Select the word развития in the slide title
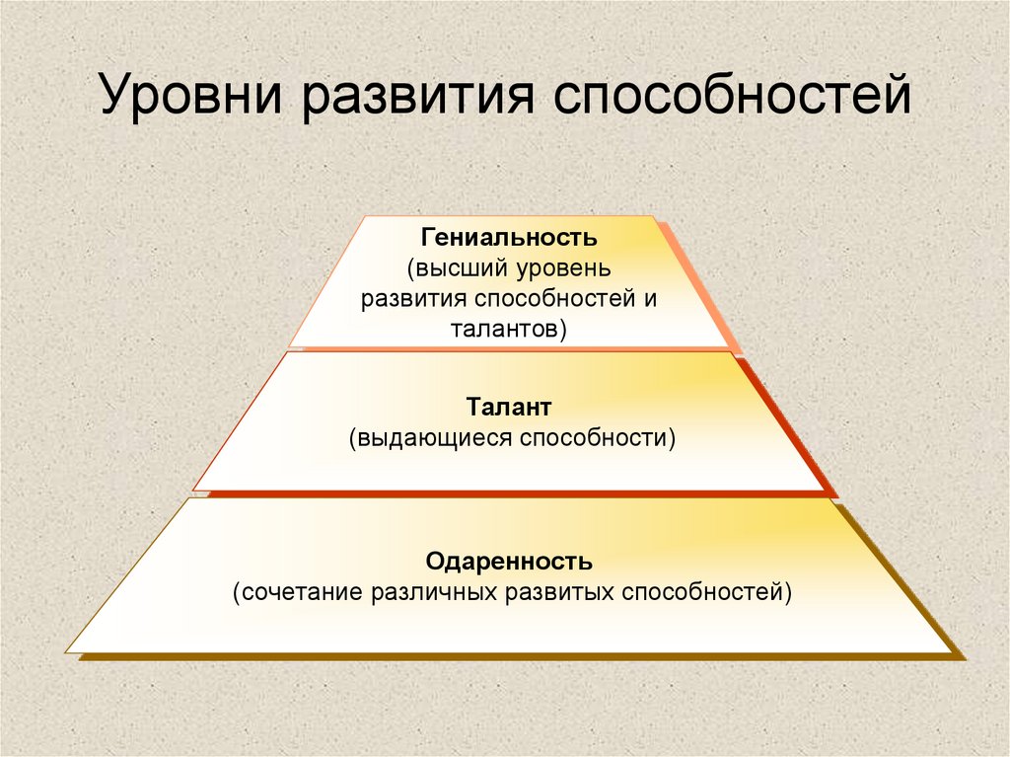pos(418,100)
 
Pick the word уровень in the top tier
pos(569,268)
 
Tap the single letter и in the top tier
pos(650,299)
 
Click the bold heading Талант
pos(510,408)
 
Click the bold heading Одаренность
pos(509,563)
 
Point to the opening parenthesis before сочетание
pos(237,593)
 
